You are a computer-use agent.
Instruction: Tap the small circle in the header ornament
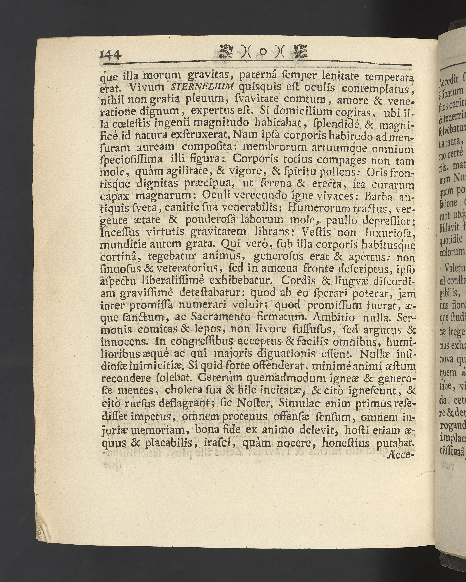(264, 51)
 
